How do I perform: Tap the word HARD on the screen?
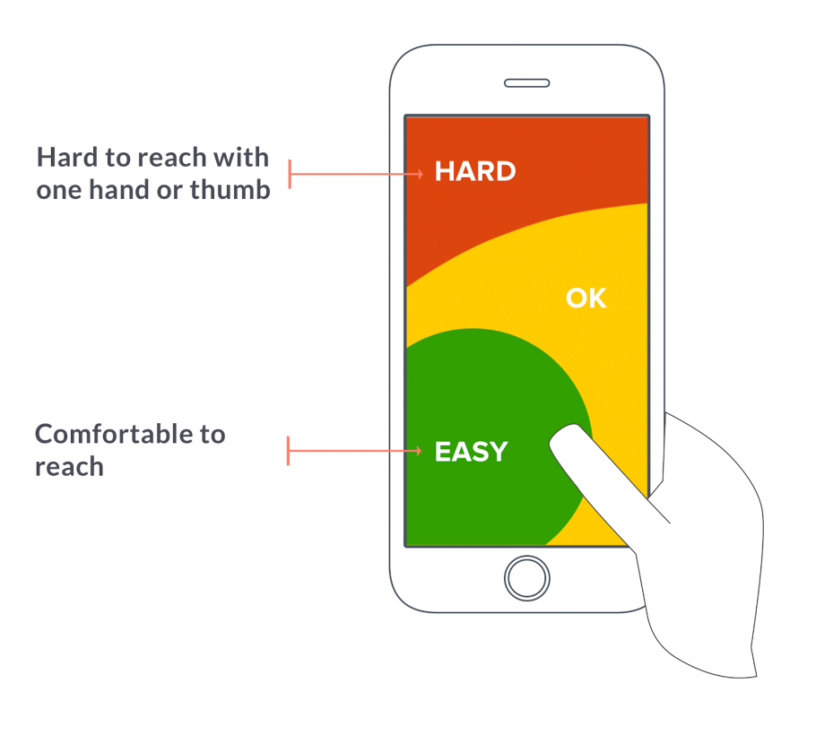tap(474, 171)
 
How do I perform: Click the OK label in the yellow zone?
tap(586, 298)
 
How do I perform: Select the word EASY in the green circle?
tap(471, 452)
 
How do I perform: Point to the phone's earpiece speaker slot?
tap(526, 82)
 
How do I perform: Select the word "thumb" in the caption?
tap(230, 190)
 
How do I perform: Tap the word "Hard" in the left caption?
tap(66, 158)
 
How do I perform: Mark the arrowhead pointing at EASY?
tap(420, 451)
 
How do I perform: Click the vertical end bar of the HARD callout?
tap(290, 174)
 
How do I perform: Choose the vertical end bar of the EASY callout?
tap(288, 451)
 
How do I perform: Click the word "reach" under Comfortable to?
tap(69, 467)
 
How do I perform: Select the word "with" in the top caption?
tap(244, 158)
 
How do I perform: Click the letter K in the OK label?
tap(597, 298)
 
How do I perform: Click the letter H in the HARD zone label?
tap(444, 171)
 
